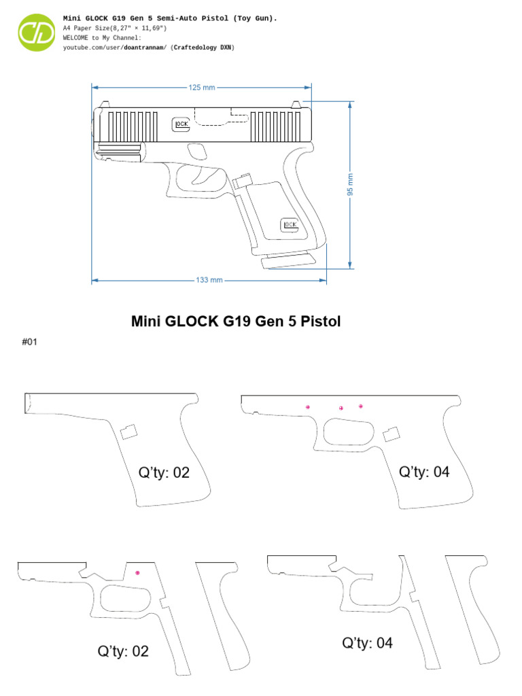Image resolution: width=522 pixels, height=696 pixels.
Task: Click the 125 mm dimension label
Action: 201,88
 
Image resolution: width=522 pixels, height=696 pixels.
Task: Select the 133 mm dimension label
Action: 209,280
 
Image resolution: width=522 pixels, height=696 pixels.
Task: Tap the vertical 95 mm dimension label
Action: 351,184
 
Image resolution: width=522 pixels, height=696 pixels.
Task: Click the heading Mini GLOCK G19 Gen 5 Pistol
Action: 236,321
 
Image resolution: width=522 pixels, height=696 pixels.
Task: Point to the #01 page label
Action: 29,343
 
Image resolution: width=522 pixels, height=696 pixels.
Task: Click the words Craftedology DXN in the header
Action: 203,48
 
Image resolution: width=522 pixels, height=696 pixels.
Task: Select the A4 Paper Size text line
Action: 114,29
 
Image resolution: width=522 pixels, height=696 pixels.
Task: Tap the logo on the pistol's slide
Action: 181,124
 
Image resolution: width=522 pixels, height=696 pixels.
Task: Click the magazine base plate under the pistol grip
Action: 288,260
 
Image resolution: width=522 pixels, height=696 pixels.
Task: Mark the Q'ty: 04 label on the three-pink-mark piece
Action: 424,472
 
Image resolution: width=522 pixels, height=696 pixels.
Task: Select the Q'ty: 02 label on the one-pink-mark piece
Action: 122,651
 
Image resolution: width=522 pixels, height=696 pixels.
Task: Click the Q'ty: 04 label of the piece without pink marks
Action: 367,643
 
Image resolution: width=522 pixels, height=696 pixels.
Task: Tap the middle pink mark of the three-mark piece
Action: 341,408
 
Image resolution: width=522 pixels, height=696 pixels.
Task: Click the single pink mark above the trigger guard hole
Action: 138,574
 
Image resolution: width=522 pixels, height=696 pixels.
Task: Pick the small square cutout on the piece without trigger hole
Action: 128,431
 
